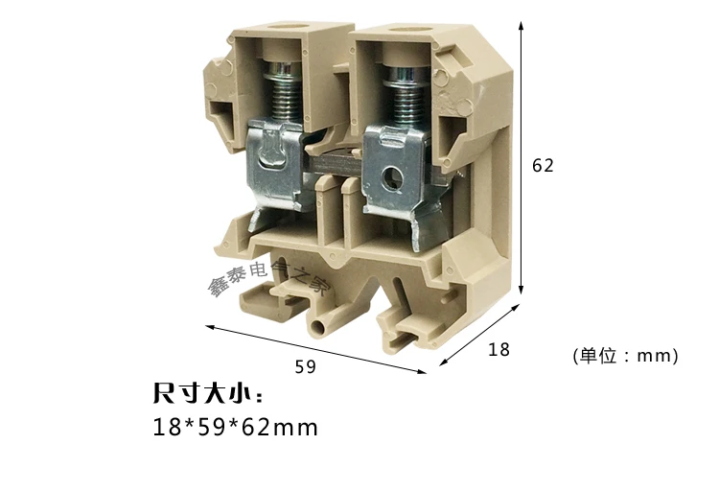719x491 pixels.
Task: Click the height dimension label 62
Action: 543,165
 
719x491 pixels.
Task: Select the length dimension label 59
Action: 305,365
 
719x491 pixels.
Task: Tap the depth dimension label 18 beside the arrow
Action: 499,350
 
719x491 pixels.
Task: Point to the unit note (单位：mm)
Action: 624,356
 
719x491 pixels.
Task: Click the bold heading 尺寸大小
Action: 207,394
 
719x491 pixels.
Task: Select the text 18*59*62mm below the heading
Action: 235,427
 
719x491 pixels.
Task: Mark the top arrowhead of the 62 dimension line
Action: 521,26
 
